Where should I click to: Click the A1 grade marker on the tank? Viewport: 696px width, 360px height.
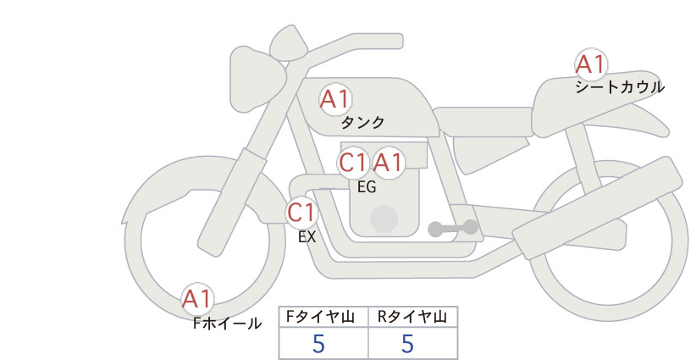[x=334, y=100]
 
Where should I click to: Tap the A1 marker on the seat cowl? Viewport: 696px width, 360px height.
[x=590, y=64]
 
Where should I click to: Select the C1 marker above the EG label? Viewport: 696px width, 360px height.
[x=353, y=162]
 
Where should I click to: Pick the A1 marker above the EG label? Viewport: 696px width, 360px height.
[x=389, y=162]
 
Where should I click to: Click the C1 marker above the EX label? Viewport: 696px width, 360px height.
[x=301, y=212]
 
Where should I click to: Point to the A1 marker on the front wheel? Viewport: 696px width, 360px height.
[x=197, y=299]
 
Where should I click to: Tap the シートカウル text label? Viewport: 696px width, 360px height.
[x=620, y=86]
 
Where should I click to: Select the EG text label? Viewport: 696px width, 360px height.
[x=367, y=186]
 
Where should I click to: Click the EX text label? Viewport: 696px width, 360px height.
[x=307, y=237]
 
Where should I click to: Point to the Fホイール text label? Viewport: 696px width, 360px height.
[x=227, y=323]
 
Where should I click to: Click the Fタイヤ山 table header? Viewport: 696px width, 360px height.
[x=324, y=317]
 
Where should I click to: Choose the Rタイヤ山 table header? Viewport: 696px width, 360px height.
[x=412, y=317]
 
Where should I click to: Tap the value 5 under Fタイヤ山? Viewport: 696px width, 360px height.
[x=319, y=344]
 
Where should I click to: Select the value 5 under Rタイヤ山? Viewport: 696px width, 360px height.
[x=408, y=344]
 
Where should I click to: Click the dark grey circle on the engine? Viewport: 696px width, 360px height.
[x=384, y=219]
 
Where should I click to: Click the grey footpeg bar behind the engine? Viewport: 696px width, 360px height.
[x=452, y=228]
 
